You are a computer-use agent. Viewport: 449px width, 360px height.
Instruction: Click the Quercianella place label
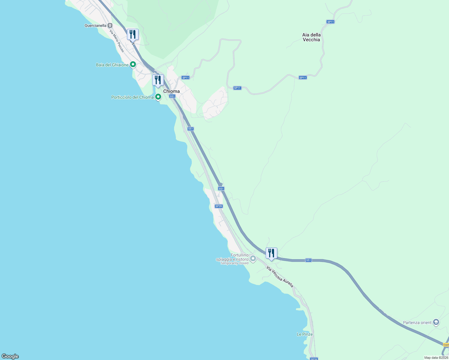pyautogui.click(x=95, y=26)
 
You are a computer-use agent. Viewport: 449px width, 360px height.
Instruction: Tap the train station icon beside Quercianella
pyautogui.click(x=110, y=25)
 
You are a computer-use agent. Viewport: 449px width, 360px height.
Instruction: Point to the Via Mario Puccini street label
pyautogui.click(x=117, y=40)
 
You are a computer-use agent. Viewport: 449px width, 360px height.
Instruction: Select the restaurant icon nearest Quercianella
pyautogui.click(x=133, y=34)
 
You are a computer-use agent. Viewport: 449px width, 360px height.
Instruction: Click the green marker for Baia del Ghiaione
pyautogui.click(x=133, y=64)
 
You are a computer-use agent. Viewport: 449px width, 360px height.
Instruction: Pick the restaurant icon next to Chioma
pyautogui.click(x=158, y=80)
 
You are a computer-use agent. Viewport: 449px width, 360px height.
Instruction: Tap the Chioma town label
pyautogui.click(x=171, y=91)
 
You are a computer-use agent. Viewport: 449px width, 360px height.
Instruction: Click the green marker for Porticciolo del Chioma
pyautogui.click(x=158, y=97)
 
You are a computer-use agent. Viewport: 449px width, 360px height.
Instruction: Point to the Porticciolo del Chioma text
pyautogui.click(x=132, y=97)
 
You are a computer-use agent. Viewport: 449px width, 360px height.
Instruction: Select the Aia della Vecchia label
pyautogui.click(x=311, y=37)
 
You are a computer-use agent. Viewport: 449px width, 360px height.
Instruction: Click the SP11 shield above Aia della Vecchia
pyautogui.click(x=330, y=22)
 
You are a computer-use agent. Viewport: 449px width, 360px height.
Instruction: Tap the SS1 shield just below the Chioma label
pyautogui.click(x=172, y=96)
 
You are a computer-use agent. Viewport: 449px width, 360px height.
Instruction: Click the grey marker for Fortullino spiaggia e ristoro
pyautogui.click(x=253, y=258)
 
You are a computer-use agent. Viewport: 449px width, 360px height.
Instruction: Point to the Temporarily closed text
pyautogui.click(x=234, y=263)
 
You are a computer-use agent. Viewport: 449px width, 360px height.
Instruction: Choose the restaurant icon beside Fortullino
pyautogui.click(x=271, y=253)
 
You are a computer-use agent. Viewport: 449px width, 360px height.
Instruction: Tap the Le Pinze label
pyautogui.click(x=305, y=334)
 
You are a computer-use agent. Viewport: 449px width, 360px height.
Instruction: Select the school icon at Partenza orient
pyautogui.click(x=436, y=322)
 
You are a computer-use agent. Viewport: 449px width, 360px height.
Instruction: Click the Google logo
pyautogui.click(x=10, y=356)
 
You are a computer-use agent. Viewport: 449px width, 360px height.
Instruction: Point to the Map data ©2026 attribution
pyautogui.click(x=436, y=358)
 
